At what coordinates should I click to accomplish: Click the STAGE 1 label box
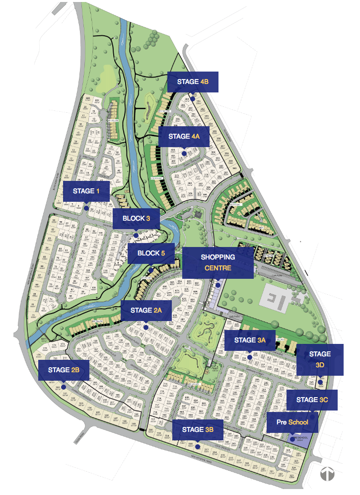pos(86,191)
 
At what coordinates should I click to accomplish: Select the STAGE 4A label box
pos(183,136)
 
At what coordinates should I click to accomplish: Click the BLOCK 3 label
pos(137,219)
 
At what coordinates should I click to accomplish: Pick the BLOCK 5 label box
pos(151,253)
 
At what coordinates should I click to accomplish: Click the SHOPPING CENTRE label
pos(217,262)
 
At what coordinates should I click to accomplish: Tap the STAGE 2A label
pos(146,311)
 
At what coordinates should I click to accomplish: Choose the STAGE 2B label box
pos(64,370)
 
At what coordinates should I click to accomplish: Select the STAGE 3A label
pos(250,340)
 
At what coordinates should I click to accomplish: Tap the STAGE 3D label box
pos(320,359)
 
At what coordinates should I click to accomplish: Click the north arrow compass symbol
pos(327,474)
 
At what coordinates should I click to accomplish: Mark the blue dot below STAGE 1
pos(86,209)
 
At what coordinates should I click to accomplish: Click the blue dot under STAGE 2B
pos(64,387)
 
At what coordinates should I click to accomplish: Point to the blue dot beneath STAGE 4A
pos(184,154)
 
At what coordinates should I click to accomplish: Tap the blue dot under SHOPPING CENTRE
pos(217,286)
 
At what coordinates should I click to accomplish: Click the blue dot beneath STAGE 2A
pos(145,328)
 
